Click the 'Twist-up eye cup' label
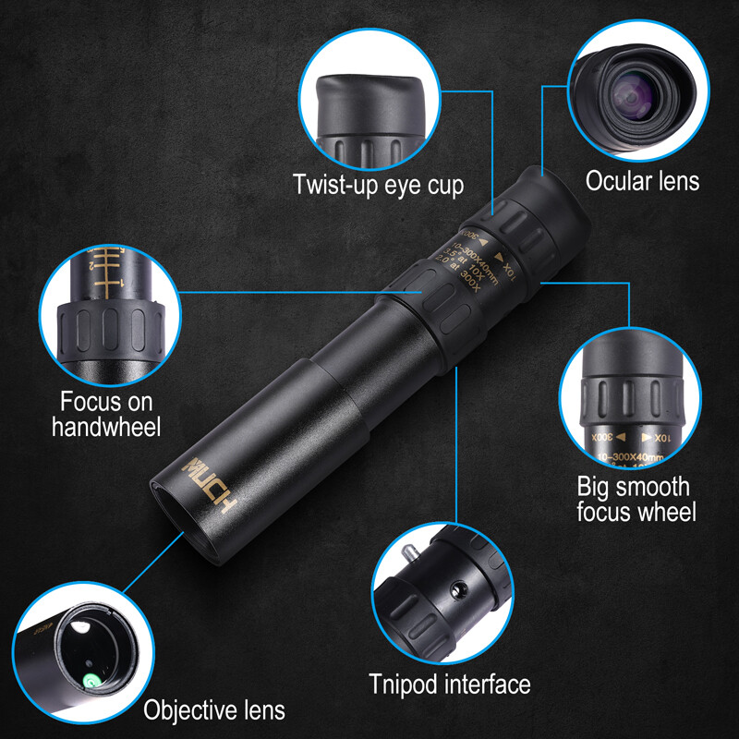coord(378,184)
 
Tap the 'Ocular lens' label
coord(642,180)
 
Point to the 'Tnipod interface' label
coord(450,684)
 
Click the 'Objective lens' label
coord(214,710)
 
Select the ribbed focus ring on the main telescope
coord(448,314)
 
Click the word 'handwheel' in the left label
coord(106,427)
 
